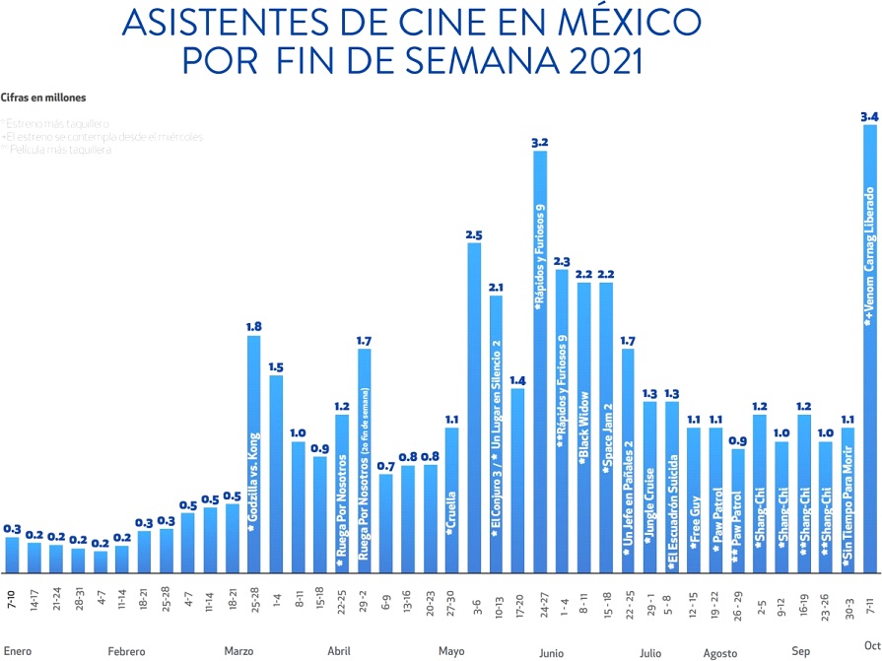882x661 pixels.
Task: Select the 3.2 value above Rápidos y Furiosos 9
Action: tap(540, 143)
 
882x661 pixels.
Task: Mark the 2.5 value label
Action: tap(474, 234)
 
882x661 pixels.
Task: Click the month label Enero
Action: tap(18, 651)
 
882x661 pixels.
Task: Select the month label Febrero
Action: tap(127, 651)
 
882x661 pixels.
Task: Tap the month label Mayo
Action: tap(452, 651)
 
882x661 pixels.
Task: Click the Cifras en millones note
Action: tap(43, 98)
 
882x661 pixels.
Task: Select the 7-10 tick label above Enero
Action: tap(12, 598)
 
